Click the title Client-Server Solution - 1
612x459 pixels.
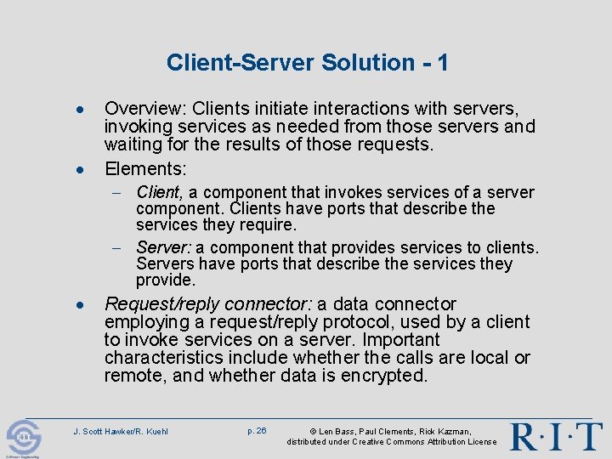307,62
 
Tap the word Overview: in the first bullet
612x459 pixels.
145,110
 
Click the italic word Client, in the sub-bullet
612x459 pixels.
160,192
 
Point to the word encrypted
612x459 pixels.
387,376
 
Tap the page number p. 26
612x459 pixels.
257,431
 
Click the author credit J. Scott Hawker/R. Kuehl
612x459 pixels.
122,432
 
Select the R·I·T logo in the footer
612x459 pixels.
556,435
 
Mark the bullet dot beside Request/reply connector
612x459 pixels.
79,305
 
